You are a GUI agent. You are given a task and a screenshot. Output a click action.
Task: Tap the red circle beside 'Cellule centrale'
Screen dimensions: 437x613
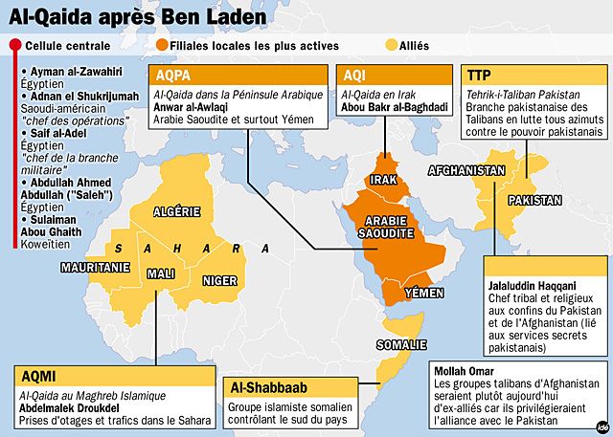[15, 45]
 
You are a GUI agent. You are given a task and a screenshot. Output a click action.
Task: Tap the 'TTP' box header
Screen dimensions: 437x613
[479, 75]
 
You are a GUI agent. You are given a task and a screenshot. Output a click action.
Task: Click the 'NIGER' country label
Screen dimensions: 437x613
[219, 281]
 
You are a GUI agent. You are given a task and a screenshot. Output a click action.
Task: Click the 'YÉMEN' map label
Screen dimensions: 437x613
[425, 291]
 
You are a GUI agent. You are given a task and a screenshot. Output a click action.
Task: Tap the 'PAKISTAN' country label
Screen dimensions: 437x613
[534, 201]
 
